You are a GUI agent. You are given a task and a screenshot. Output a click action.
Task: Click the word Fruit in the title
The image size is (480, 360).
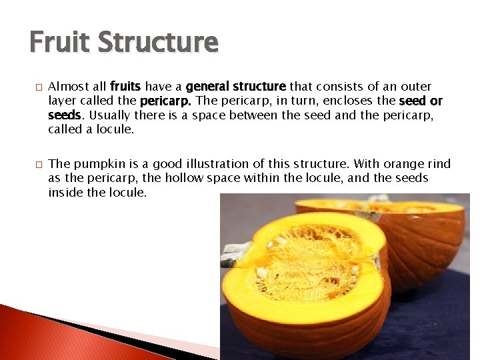point(59,42)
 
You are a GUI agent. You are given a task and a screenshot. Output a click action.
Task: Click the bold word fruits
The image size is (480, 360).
point(126,87)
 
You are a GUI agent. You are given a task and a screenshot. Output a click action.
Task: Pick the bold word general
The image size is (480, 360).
point(209,87)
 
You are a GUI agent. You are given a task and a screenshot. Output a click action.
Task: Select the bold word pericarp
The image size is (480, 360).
point(166,101)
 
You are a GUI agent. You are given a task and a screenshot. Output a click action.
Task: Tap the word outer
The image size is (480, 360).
point(415,87)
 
